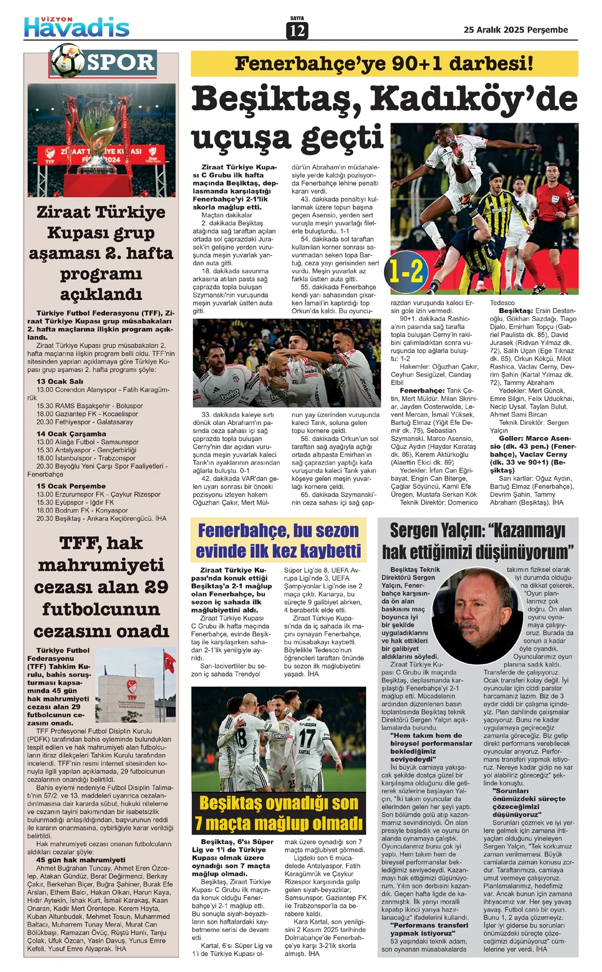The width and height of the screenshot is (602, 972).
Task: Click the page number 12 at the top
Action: click(297, 31)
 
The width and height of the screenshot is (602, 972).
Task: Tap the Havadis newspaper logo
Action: click(77, 27)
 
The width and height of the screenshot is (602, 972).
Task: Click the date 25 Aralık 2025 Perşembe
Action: click(516, 30)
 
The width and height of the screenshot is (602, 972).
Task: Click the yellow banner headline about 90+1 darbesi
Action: click(384, 64)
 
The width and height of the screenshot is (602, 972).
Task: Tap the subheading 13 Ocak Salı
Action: click(60, 381)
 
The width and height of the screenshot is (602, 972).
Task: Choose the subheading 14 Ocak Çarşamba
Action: click(71, 433)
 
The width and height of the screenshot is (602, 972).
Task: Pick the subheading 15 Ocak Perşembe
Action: click(71, 485)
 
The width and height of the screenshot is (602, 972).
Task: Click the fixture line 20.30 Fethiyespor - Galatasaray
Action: click(84, 422)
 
